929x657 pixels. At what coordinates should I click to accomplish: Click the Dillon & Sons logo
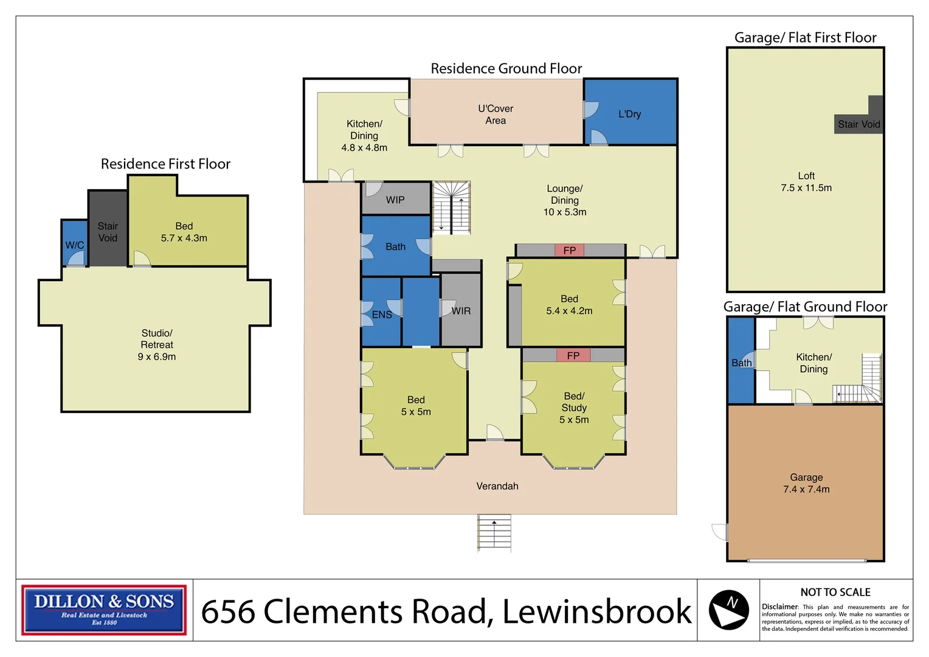tap(104, 610)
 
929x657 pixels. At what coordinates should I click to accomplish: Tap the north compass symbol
tap(729, 610)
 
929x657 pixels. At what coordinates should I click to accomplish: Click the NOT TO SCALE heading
tap(835, 593)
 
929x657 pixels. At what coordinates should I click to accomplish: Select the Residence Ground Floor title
tap(506, 69)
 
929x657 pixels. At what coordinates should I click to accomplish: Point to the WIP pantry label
tap(395, 200)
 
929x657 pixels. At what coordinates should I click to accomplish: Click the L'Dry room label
tap(629, 114)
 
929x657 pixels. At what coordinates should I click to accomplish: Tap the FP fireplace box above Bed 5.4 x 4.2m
tap(570, 250)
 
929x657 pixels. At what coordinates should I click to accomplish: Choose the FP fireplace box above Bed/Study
tap(573, 355)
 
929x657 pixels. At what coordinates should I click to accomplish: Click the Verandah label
tap(497, 486)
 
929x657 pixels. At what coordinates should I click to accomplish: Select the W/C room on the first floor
tap(75, 243)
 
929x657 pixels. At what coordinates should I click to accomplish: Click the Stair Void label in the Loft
tap(859, 124)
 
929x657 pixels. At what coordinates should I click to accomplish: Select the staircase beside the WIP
tap(451, 207)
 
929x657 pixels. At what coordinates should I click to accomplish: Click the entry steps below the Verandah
tap(494, 533)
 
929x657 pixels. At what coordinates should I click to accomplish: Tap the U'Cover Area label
tap(496, 114)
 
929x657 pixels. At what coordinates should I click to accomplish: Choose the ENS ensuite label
tap(382, 315)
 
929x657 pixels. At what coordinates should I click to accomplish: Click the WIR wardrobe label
tap(461, 311)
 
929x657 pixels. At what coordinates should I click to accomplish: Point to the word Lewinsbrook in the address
tap(597, 611)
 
